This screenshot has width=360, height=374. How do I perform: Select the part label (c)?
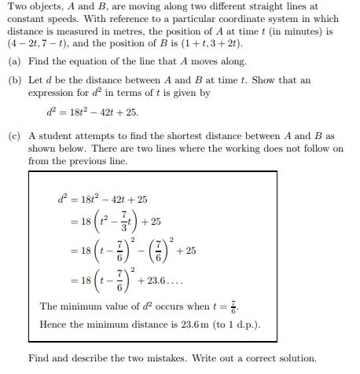point(13,136)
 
